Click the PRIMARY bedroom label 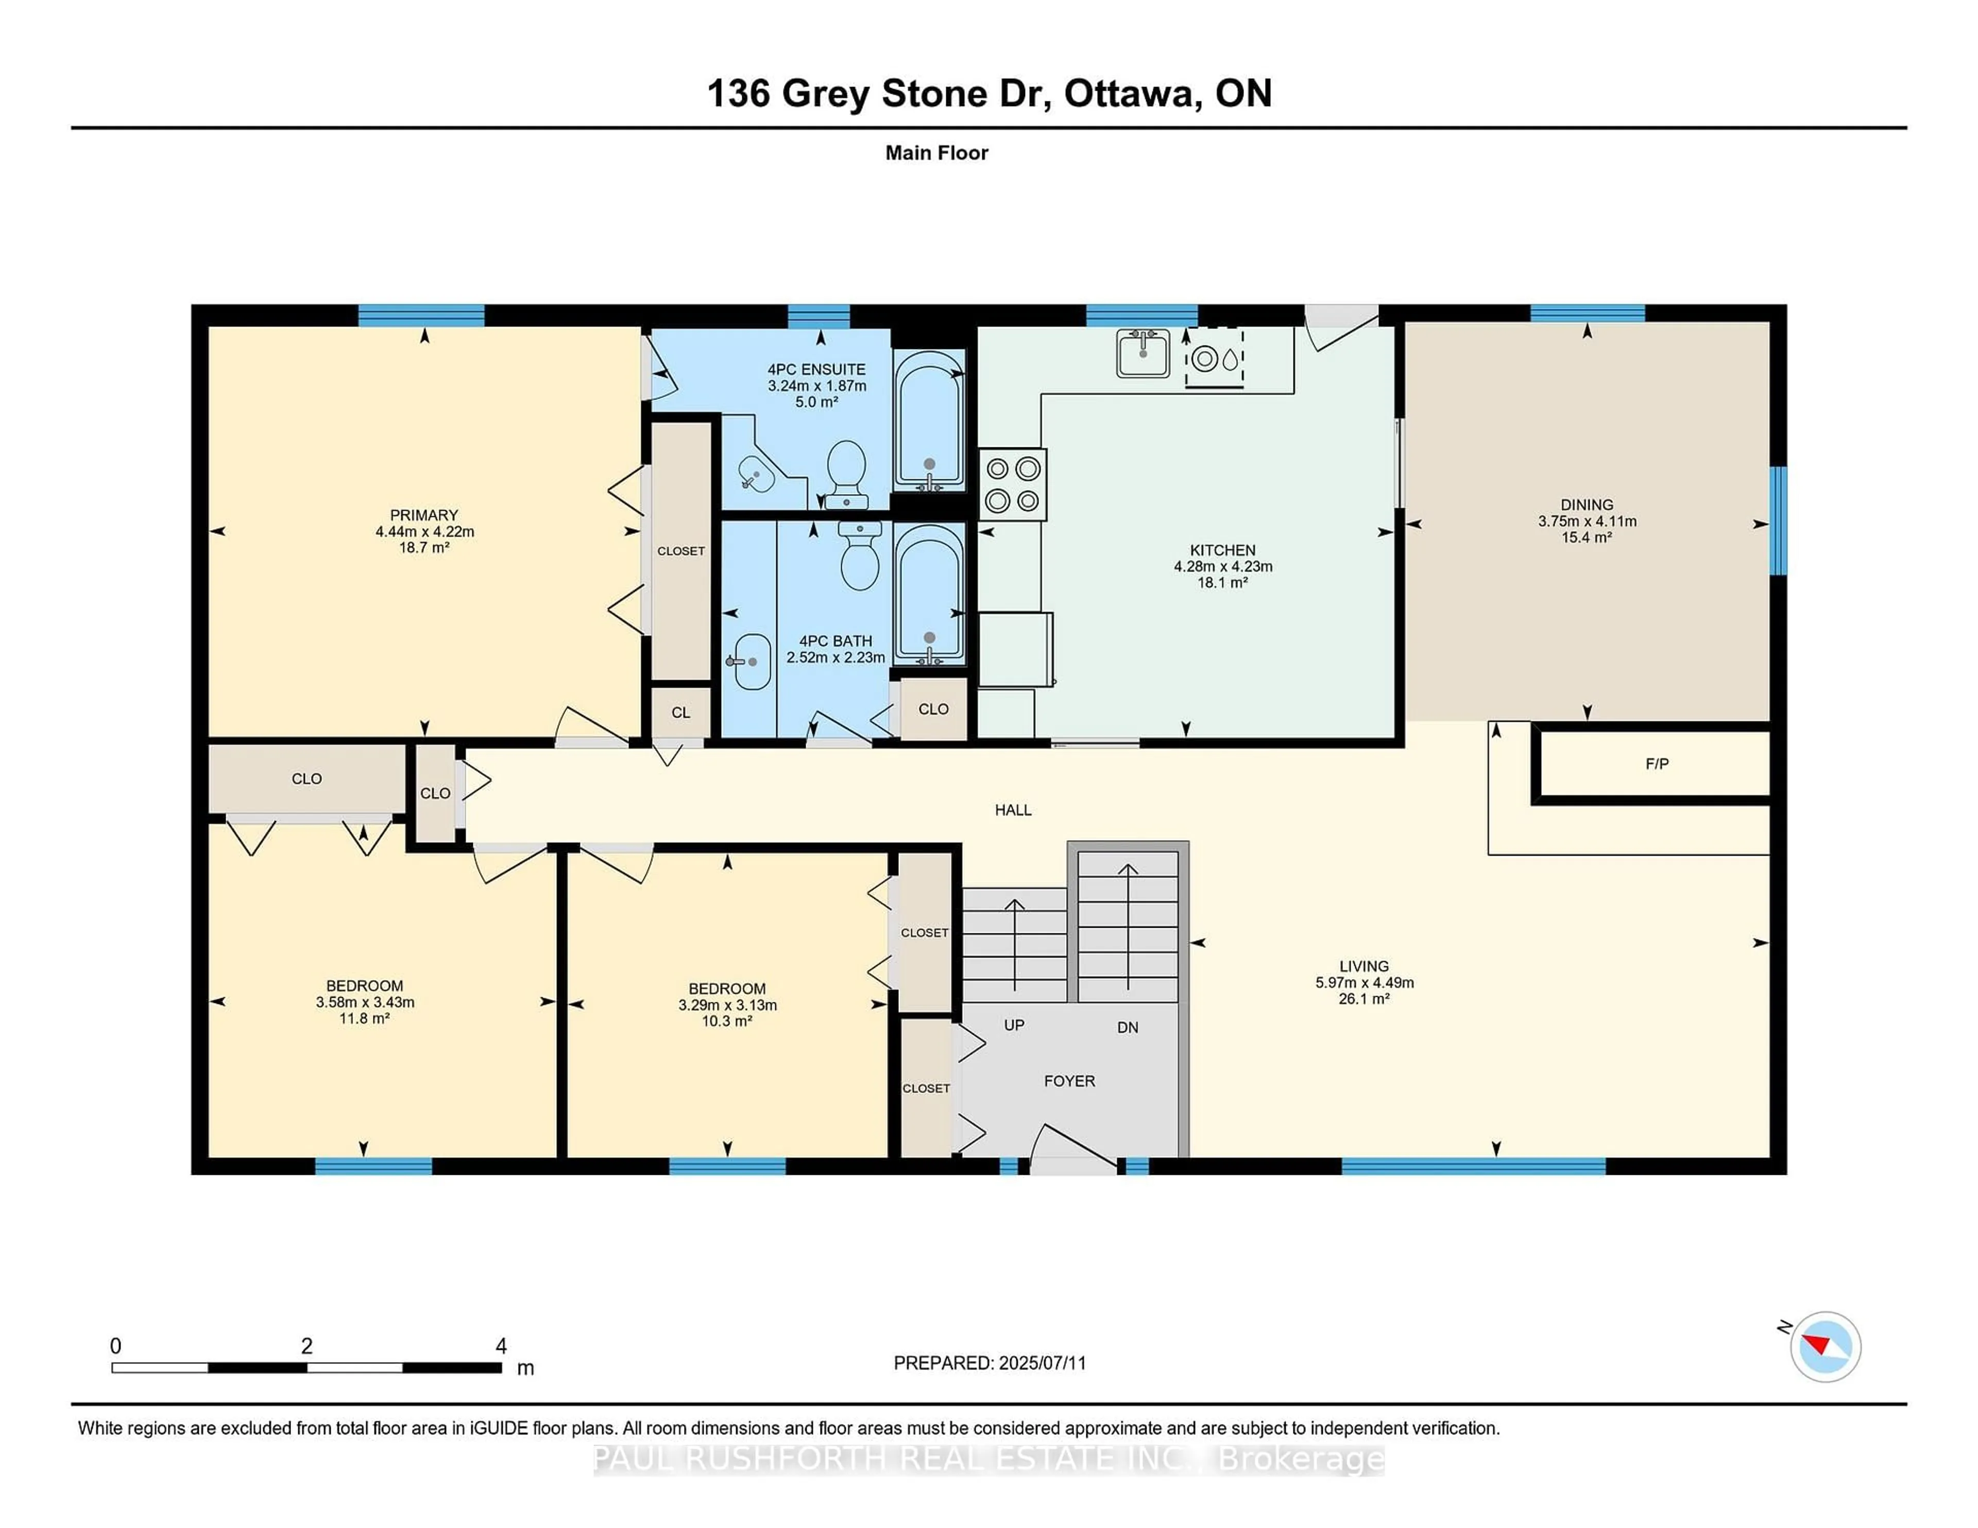(424, 514)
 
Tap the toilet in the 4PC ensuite (847, 473)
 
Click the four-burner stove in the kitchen (1013, 484)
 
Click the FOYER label (1069, 1081)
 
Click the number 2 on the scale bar (307, 1346)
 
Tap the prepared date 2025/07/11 (1042, 1362)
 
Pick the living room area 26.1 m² (1364, 998)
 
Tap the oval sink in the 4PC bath (751, 661)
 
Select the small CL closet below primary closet (680, 713)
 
